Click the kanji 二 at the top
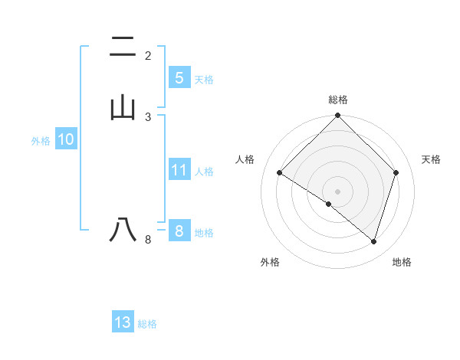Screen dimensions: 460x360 pos(123,47)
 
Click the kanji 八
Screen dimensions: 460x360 pos(123,230)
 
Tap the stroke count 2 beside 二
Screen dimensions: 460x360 pos(148,55)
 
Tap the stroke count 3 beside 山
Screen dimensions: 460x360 pos(148,116)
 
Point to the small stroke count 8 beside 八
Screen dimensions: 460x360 pos(148,240)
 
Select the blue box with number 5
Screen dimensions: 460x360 pos(179,78)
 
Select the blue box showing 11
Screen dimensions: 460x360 pos(179,170)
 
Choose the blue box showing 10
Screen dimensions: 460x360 pos(65,139)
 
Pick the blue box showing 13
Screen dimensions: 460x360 pos(123,322)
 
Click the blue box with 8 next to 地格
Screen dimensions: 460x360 pos(179,231)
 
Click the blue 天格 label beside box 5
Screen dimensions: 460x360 pos(204,80)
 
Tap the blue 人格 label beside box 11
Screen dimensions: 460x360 pos(204,172)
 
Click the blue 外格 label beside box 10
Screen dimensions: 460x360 pos(41,141)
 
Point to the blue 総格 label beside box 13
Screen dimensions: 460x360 pos(147,324)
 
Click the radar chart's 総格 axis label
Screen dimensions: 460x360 pos(338,100)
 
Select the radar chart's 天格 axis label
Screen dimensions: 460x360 pos(432,159)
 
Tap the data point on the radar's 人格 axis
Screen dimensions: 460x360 pos(280,173)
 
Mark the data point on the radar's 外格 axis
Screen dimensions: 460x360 pos(329,205)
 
